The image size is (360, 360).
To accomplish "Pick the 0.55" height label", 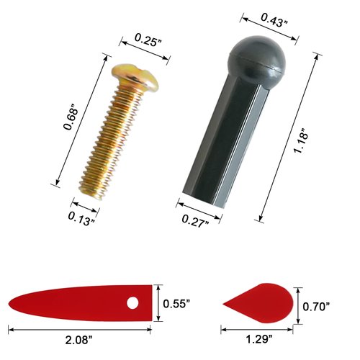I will [178, 303].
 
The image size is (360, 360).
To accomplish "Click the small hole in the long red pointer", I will [134, 301].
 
